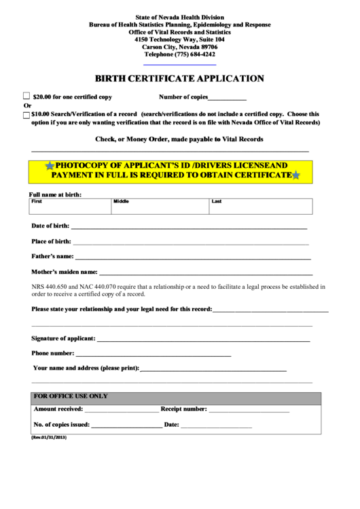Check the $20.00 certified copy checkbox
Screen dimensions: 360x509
click(x=26, y=96)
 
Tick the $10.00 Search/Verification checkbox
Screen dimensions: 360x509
click(x=26, y=115)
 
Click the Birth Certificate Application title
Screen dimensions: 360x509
click(x=179, y=78)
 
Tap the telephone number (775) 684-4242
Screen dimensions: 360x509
click(x=179, y=54)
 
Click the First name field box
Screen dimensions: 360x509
click(x=70, y=206)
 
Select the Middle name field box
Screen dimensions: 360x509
click(x=160, y=206)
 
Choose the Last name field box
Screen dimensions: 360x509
click(x=261, y=206)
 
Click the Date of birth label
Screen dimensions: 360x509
click(x=50, y=226)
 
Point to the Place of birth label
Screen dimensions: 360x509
click(x=51, y=241)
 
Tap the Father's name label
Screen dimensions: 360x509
click(x=52, y=256)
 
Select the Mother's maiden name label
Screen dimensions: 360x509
click(x=65, y=272)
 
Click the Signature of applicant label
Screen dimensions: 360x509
click(x=63, y=338)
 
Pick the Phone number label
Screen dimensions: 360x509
click(x=53, y=353)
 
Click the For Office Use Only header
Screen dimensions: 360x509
click(x=71, y=396)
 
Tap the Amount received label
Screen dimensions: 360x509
click(x=58, y=409)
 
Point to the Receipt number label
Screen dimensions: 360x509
click(x=183, y=409)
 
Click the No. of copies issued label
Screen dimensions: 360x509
click(x=61, y=425)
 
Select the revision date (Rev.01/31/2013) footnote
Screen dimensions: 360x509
click(x=49, y=438)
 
